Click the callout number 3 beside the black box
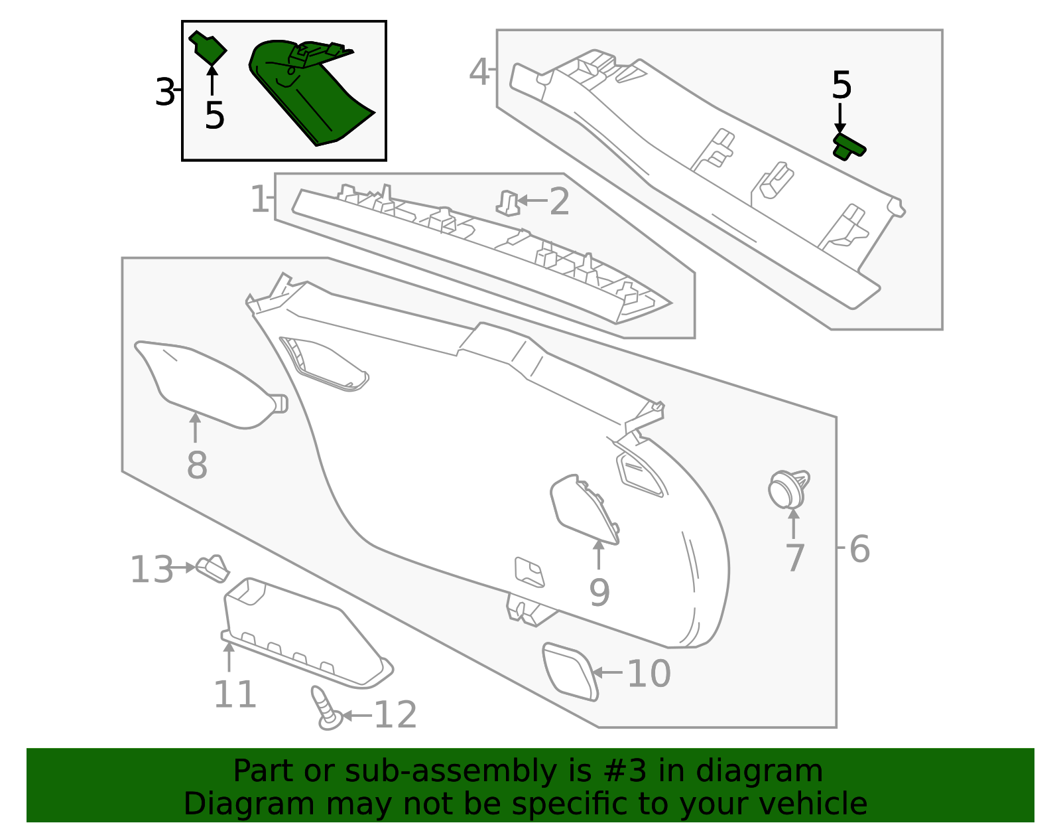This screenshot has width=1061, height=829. (164, 92)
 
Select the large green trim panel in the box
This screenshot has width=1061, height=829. (308, 93)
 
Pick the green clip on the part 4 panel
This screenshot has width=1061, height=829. (848, 147)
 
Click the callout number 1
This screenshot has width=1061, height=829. (259, 199)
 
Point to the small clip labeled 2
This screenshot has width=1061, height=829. (508, 203)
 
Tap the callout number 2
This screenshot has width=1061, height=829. (559, 202)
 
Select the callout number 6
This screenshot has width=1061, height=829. (859, 550)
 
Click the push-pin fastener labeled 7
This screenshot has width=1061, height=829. (787, 490)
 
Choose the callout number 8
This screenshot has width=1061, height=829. (197, 465)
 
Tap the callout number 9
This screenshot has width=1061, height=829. (599, 593)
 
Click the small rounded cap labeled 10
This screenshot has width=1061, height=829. (569, 670)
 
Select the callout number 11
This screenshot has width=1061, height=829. (235, 695)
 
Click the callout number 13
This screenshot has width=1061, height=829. (151, 569)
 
